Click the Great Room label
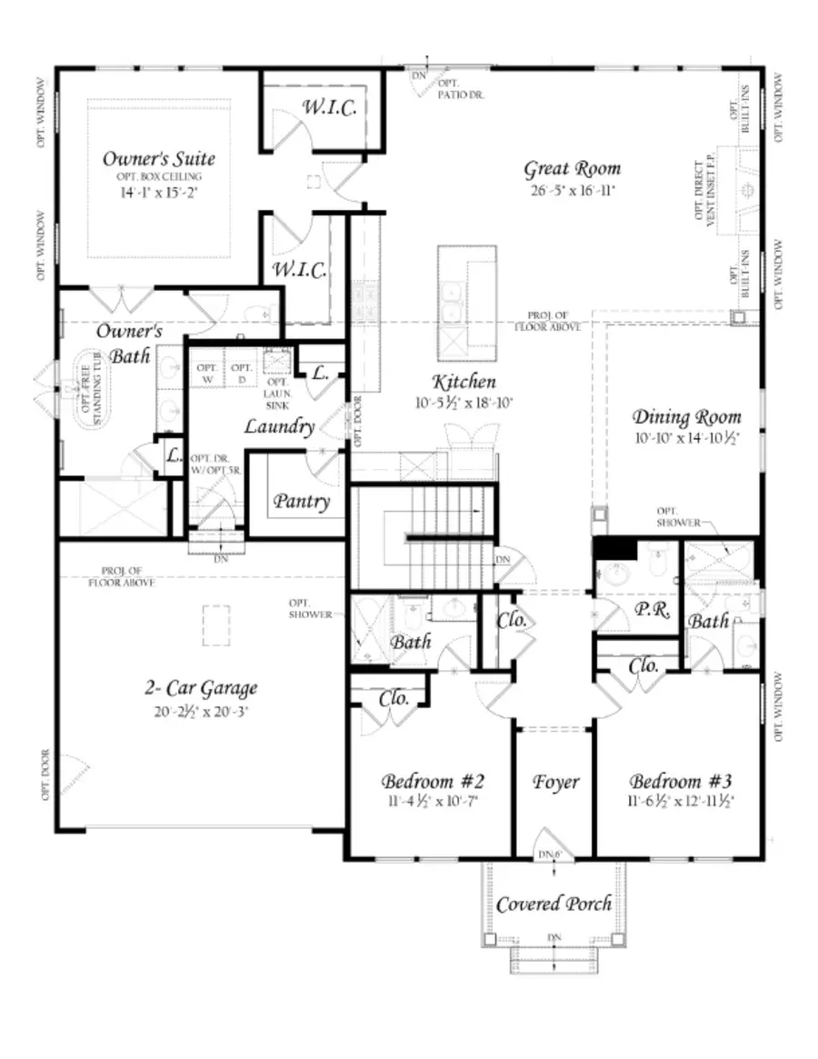coord(572,168)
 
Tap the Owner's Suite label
coord(158,159)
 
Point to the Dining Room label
coord(686,417)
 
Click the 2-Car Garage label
coord(202,688)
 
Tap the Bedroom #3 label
coord(682,781)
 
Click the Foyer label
coord(555,782)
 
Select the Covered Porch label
coord(554,904)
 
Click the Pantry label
coord(302,501)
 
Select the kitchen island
coord(467,299)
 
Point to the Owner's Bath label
coord(130,343)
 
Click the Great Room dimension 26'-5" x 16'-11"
coord(572,192)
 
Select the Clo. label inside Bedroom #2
coord(393,699)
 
